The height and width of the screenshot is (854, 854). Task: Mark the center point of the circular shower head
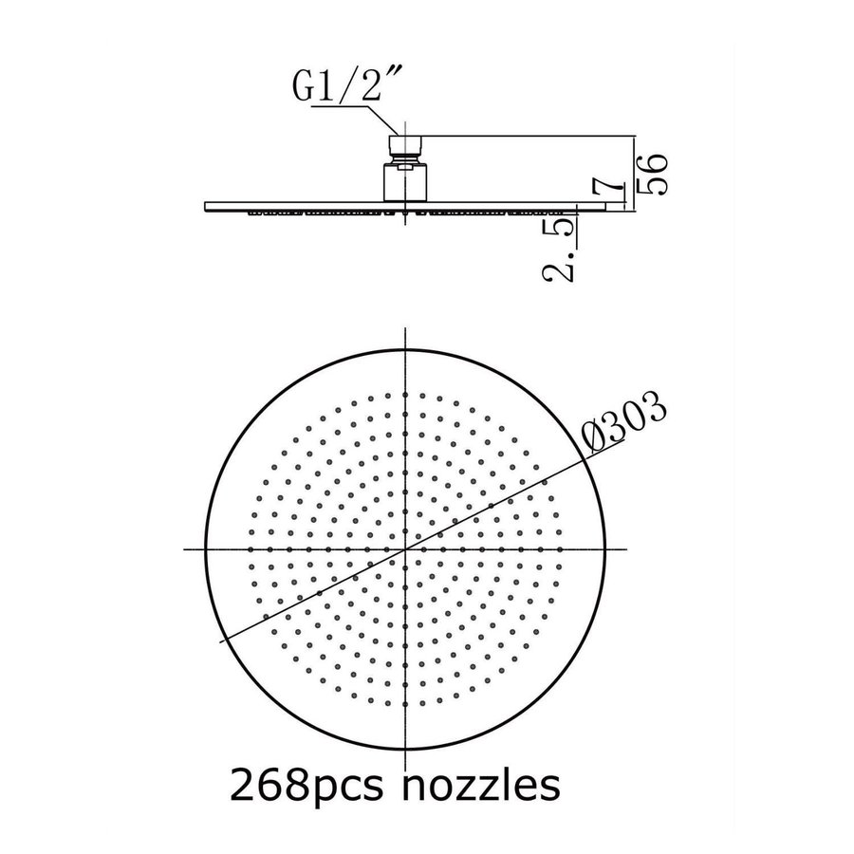pos(405,549)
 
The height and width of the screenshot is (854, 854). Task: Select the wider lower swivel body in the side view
pos(404,181)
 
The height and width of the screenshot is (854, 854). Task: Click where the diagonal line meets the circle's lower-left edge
pos(224,641)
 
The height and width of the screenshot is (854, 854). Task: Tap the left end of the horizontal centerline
pos(181,549)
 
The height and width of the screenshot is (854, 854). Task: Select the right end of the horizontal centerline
pos(629,549)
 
